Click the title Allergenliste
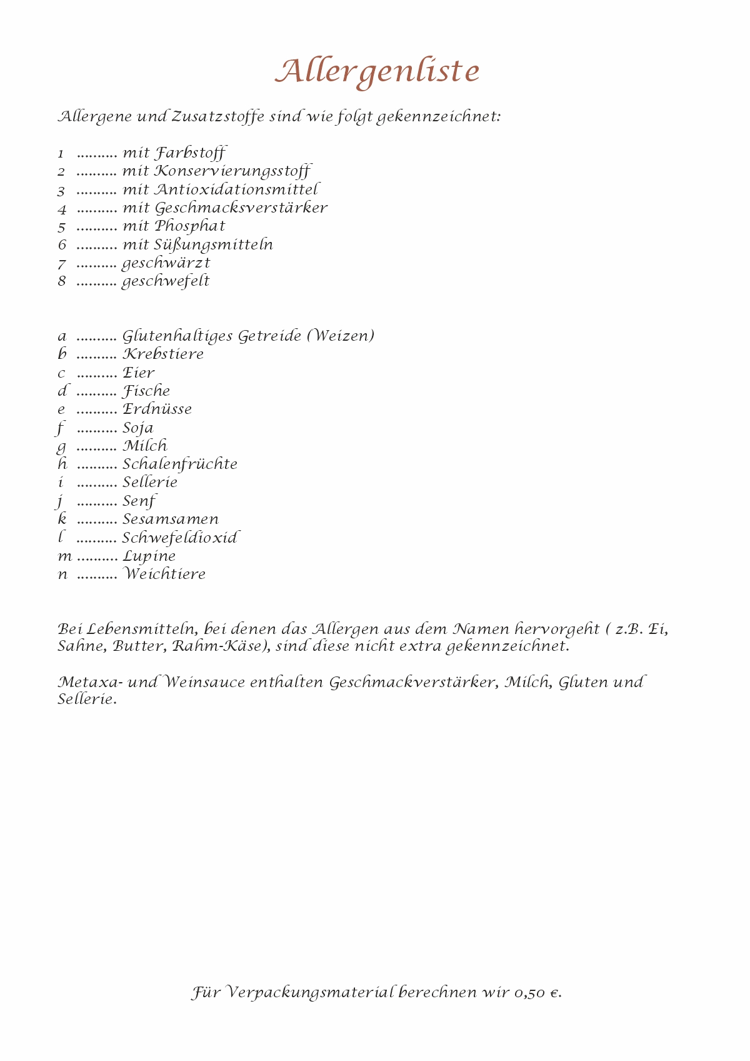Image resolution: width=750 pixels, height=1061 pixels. (377, 72)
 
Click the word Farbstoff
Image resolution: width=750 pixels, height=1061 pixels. (190, 153)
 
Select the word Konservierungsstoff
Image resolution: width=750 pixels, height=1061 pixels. (232, 171)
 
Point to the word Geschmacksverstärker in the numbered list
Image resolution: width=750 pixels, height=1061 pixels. (241, 208)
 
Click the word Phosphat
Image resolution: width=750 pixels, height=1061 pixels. (190, 226)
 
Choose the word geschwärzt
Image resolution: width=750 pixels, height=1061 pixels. (166, 263)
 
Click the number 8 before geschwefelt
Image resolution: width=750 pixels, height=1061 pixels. (62, 281)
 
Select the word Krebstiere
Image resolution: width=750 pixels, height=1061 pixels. (163, 354)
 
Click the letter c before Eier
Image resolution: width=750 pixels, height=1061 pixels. (61, 373)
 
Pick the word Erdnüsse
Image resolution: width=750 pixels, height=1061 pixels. (157, 410)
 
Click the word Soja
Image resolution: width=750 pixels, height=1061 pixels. (138, 428)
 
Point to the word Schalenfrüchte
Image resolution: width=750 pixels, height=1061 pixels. (180, 465)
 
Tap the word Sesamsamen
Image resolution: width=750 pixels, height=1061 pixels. (171, 520)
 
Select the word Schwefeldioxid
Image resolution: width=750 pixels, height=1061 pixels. (180, 538)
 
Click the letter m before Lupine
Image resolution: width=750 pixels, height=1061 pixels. (64, 556)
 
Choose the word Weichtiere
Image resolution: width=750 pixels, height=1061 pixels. (164, 574)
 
